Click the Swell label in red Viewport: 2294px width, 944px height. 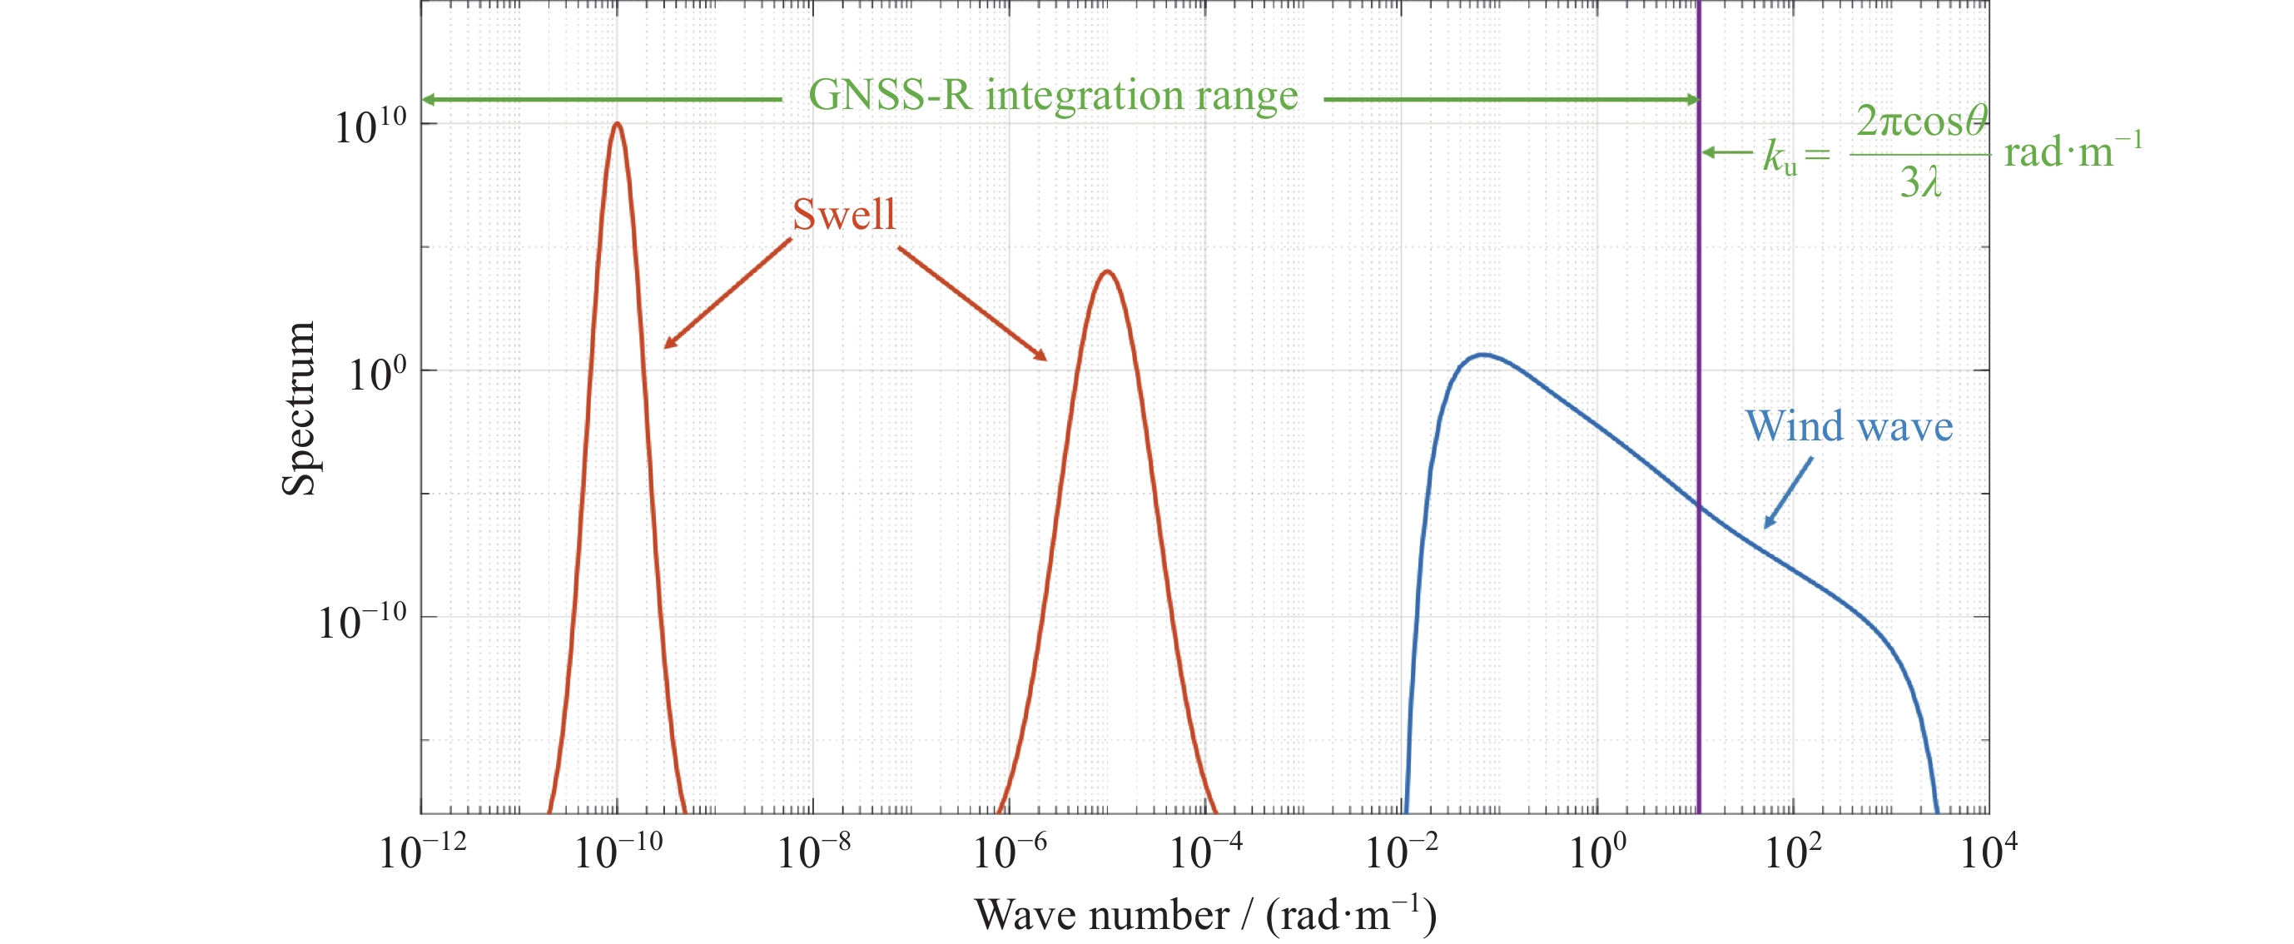843,215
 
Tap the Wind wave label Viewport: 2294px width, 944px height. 1849,426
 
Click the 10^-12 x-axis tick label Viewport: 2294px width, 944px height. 422,852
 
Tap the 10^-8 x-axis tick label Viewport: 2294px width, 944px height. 813,852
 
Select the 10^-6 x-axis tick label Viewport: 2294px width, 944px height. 1009,852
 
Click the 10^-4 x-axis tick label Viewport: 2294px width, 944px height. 1205,852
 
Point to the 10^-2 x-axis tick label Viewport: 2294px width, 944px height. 1401,852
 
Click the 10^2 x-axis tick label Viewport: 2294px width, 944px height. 1793,852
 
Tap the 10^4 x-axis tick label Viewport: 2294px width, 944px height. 1989,852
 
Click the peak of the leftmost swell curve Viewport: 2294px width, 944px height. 617,124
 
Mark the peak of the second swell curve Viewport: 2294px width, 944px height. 1107,271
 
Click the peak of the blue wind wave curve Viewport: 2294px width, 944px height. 1482,355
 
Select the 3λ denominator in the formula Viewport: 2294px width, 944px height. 1920,183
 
